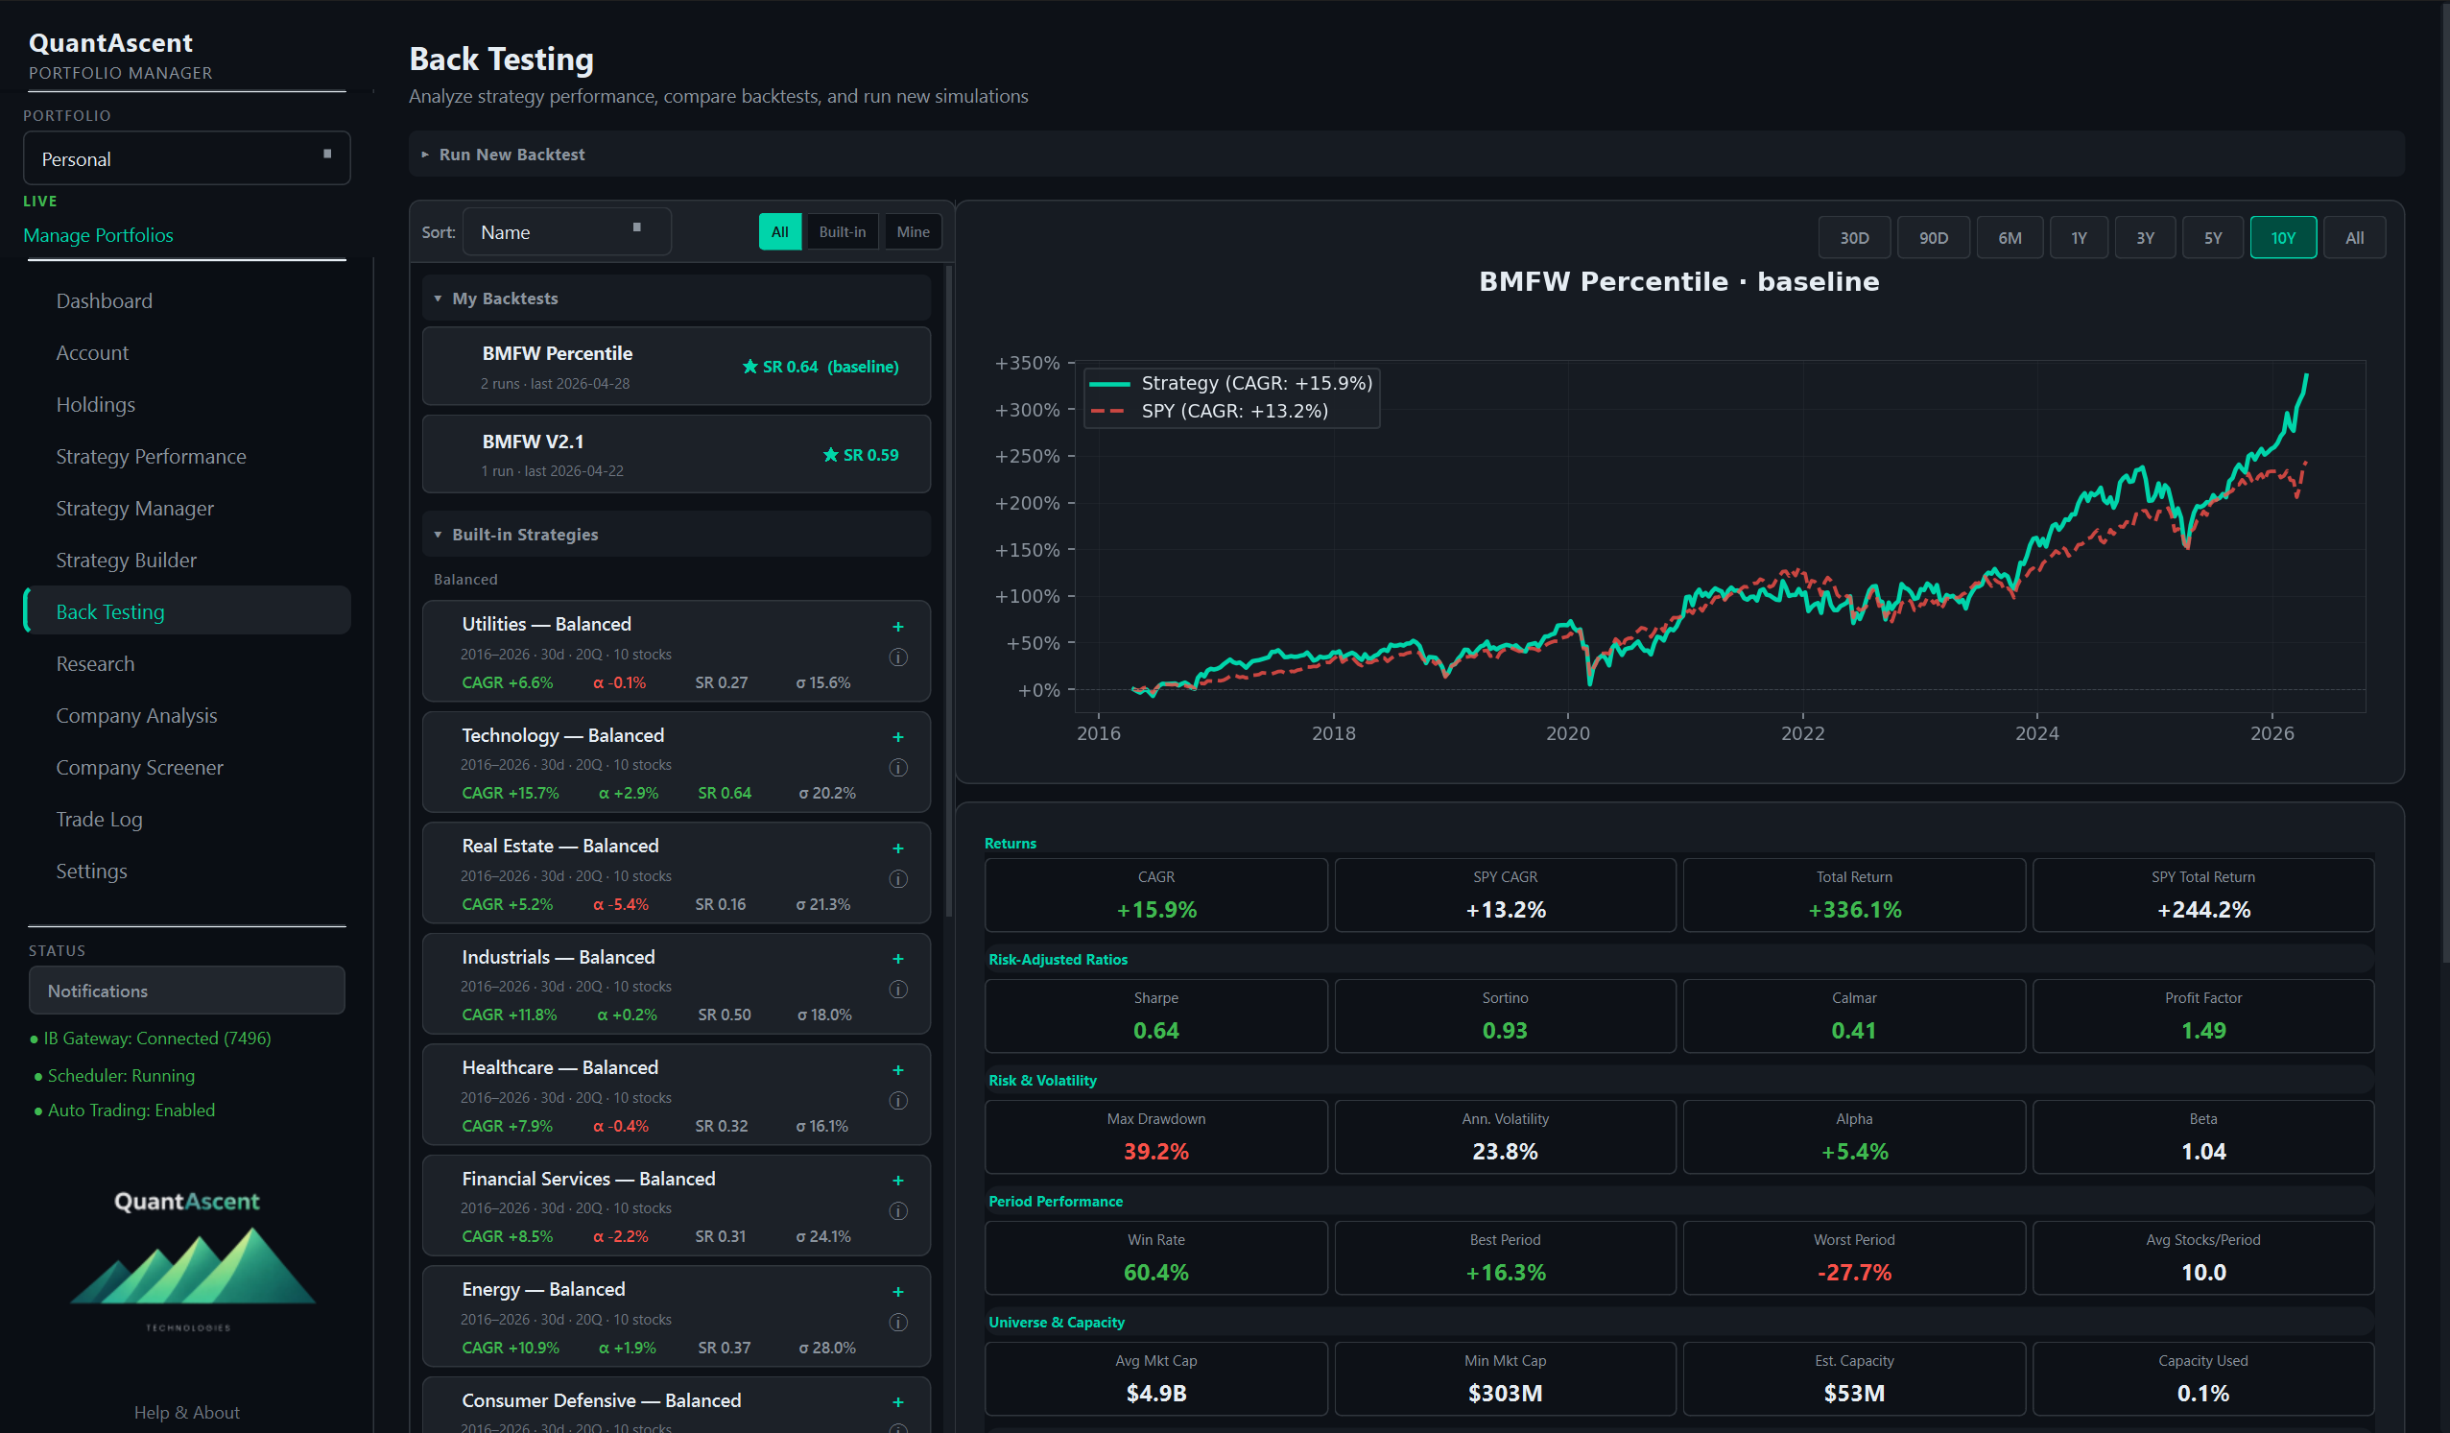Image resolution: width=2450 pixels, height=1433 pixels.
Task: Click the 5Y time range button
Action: [x=2212, y=237]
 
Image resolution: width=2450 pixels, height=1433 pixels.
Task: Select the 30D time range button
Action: [x=1853, y=237]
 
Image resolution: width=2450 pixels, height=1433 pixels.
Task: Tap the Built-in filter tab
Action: [x=841, y=231]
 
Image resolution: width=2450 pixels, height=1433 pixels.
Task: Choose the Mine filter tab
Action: [x=912, y=231]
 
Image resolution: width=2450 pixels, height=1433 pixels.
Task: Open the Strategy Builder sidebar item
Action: [x=127, y=560]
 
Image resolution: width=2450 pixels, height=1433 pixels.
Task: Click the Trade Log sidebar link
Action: [x=99, y=819]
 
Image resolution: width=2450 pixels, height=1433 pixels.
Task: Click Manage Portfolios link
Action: [x=98, y=235]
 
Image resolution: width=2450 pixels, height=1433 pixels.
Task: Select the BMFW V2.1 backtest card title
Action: [x=533, y=442]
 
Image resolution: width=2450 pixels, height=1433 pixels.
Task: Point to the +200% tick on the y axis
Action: [x=1027, y=503]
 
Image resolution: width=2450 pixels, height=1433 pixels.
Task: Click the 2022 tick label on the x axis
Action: [x=1801, y=733]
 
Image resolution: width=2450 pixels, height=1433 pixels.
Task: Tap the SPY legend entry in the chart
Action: [x=1233, y=410]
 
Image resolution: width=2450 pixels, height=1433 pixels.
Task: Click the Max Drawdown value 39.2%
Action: [x=1155, y=1151]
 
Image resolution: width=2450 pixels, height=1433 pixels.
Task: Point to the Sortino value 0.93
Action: [x=1504, y=1031]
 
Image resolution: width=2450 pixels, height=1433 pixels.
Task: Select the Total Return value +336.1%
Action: [x=1854, y=909]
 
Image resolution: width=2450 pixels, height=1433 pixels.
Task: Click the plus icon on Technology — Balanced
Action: [x=897, y=737]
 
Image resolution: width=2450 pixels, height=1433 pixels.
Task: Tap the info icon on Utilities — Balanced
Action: [x=897, y=657]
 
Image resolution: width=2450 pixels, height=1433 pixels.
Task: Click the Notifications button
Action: [x=187, y=991]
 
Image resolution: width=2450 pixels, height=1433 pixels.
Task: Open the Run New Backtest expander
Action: [x=511, y=155]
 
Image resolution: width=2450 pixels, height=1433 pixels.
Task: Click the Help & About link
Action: [x=187, y=1412]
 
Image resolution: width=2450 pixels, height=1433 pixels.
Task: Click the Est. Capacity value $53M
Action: [x=1854, y=1393]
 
